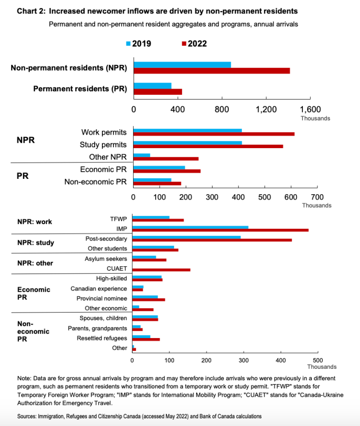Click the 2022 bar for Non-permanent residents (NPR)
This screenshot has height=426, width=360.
point(211,71)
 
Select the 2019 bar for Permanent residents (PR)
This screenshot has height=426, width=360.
point(152,86)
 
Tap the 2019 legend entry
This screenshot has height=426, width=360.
point(139,44)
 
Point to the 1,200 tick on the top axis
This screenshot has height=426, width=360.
point(266,109)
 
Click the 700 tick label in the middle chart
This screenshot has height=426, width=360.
point(317,197)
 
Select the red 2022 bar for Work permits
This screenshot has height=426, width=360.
point(213,134)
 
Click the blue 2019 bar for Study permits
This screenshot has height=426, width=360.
point(187,143)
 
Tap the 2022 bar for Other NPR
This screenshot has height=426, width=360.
point(165,158)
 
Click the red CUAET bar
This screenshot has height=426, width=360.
point(161,270)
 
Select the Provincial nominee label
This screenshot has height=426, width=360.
point(101,298)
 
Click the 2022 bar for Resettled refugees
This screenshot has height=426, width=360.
point(146,339)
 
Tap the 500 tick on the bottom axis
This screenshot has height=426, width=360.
point(317,359)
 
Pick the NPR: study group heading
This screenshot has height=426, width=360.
point(36,243)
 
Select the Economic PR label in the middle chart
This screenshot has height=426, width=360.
point(103,169)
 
